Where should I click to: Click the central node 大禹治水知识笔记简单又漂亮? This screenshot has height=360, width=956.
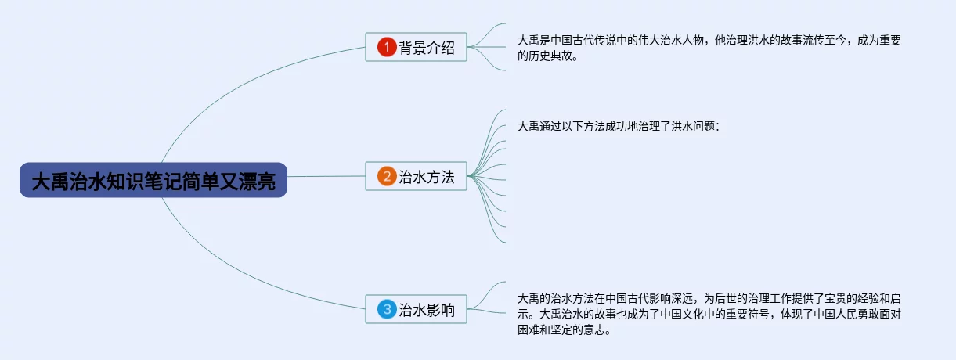click(x=153, y=180)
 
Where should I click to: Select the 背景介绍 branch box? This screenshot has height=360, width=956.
click(x=416, y=48)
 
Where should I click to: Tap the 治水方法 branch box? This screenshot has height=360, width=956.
click(x=416, y=176)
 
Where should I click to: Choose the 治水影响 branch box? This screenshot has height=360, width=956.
click(x=416, y=309)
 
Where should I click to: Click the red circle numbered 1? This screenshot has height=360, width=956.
click(x=387, y=48)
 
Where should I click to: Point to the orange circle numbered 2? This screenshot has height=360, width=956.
click(x=387, y=176)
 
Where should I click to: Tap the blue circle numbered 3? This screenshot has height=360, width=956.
click(x=387, y=309)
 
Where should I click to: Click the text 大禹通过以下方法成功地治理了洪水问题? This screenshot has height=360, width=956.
click(x=618, y=126)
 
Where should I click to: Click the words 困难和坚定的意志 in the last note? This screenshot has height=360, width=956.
click(x=563, y=329)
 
